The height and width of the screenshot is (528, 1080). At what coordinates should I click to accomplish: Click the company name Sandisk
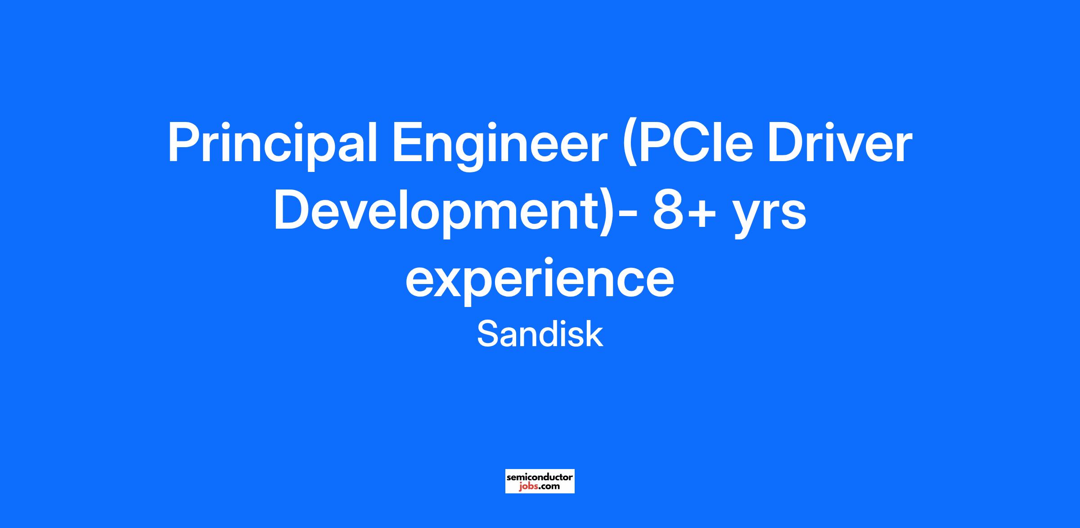click(x=540, y=334)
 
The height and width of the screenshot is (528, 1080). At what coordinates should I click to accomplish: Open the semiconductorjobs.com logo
click(x=540, y=481)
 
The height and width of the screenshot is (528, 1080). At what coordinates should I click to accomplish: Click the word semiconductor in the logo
click(x=540, y=477)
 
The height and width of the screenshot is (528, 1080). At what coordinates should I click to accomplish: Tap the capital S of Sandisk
click(x=487, y=334)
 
